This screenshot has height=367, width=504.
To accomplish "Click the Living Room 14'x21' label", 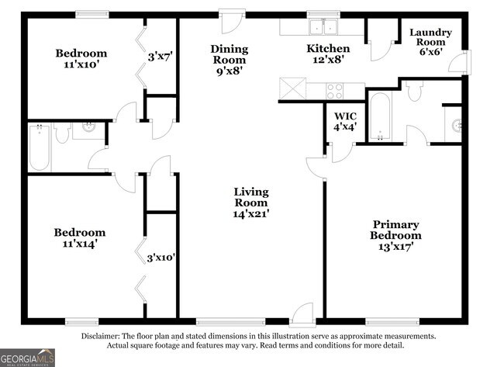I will tap(251, 202).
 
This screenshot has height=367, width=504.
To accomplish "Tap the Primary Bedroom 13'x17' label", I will tap(395, 235).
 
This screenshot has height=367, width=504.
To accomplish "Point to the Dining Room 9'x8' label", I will tap(229, 59).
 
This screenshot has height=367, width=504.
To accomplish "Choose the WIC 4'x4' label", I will tap(345, 121).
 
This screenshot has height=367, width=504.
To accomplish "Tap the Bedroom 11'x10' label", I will tap(81, 59).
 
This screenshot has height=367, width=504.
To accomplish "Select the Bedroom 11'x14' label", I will tap(79, 237).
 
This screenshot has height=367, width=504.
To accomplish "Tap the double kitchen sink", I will tap(323, 28).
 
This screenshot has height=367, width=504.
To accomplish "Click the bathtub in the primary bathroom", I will tap(380, 117).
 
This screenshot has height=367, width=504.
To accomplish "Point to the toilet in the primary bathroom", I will tap(413, 92).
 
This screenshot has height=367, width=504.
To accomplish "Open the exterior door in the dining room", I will tap(231, 20).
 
